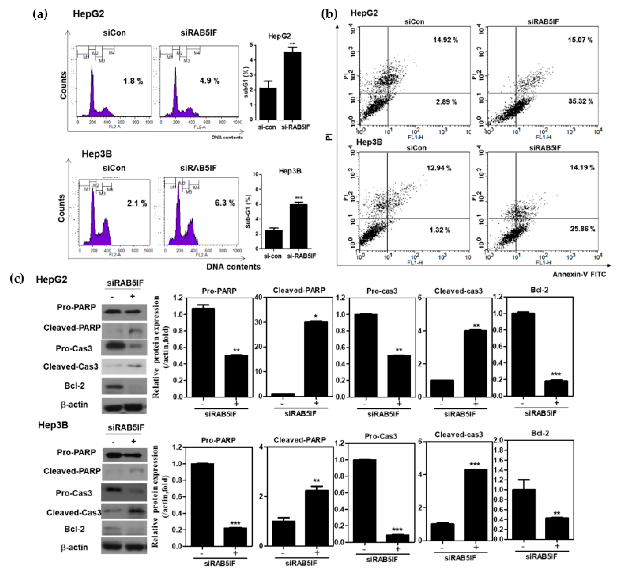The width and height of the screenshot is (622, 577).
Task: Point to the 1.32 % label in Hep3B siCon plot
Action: point(440,230)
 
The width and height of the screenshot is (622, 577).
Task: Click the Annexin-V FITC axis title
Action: point(579,274)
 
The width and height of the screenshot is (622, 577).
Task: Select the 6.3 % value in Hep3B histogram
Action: point(225,203)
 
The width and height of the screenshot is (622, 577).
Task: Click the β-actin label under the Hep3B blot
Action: point(74,547)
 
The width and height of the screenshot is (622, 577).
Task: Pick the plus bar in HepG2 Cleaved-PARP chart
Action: point(316,359)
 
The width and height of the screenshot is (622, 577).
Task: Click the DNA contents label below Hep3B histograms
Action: point(233,267)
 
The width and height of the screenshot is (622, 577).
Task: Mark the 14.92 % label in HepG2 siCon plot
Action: point(445,40)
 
